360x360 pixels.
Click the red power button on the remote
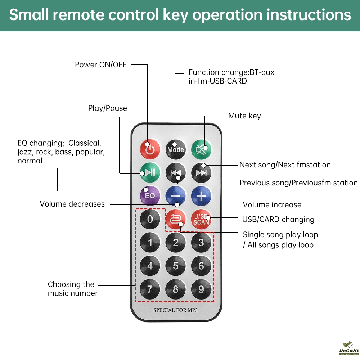150,149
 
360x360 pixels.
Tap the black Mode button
176,149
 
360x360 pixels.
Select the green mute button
201,149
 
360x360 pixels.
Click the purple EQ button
150,195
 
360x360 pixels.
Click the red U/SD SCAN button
201,219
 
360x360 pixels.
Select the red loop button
176,219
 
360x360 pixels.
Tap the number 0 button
150,219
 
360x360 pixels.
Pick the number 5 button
176,266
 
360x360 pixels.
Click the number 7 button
150,289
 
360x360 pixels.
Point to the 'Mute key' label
244,116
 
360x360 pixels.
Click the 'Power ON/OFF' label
101,65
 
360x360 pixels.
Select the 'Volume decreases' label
72,204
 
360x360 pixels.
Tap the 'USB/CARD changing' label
278,219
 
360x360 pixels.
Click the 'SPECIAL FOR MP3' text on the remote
176,310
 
